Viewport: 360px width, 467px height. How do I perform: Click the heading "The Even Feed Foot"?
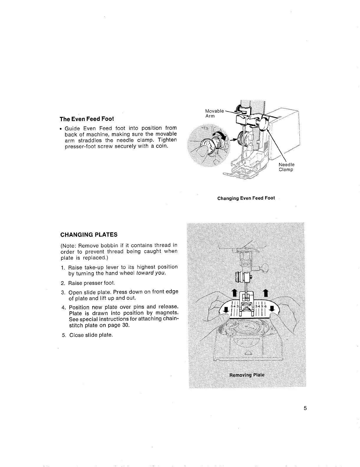pyautogui.click(x=87, y=119)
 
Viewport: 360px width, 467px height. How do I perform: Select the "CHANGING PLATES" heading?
pyautogui.click(x=89, y=235)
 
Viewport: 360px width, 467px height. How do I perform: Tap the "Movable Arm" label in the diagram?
pyautogui.click(x=214, y=114)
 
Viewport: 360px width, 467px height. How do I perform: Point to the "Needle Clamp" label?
pyautogui.click(x=286, y=167)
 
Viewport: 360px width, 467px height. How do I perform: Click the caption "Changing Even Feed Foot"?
pyautogui.click(x=246, y=198)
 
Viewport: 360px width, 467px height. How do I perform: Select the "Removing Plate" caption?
pyautogui.click(x=247, y=375)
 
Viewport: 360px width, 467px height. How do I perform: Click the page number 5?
pyautogui.click(x=305, y=408)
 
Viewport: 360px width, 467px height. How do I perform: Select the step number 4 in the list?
pyautogui.click(x=63, y=307)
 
